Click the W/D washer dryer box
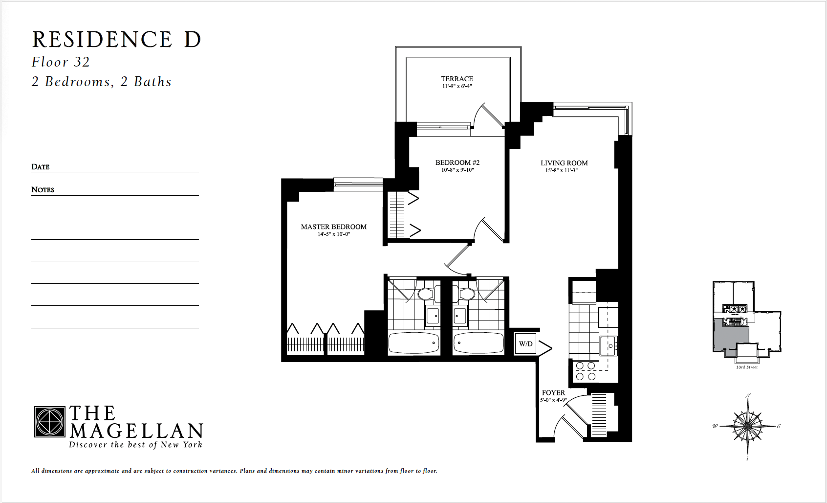[x=525, y=344]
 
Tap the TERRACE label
[x=457, y=79]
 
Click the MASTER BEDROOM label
[x=334, y=227]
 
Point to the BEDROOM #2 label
[x=457, y=162]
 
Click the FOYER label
[x=553, y=393]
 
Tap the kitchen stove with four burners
[x=585, y=371]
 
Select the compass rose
[x=747, y=426]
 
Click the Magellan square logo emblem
[x=50, y=422]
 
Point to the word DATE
[x=41, y=167]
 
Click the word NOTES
[x=43, y=190]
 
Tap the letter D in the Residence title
[x=193, y=40]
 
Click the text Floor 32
[x=61, y=62]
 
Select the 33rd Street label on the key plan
[x=747, y=367]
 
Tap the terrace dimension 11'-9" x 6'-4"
[x=457, y=86]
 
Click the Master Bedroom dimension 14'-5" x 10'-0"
[x=334, y=234]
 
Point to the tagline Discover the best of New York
[x=135, y=445]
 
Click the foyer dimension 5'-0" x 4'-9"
[x=553, y=400]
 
